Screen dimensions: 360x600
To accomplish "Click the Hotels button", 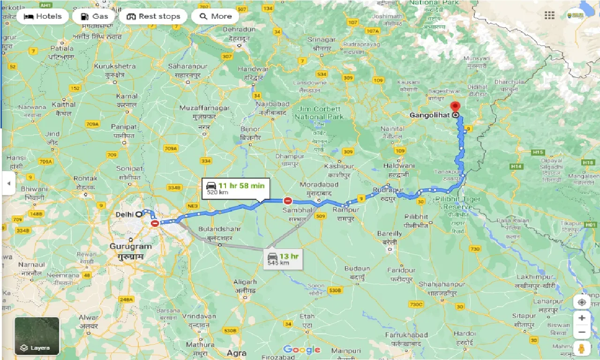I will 42,16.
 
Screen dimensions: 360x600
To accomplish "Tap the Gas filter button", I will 94,16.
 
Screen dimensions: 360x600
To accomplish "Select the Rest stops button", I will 153,16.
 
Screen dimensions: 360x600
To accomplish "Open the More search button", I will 216,16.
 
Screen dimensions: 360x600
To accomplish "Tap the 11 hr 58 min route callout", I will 236,188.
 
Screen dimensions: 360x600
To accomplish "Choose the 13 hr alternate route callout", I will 283,258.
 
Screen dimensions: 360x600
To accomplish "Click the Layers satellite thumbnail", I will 37,336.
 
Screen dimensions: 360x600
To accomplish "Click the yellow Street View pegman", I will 582,348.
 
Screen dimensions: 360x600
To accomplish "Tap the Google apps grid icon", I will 549,15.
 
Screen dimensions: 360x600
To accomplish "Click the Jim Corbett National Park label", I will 320,113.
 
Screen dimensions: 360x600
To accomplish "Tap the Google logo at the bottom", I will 302,350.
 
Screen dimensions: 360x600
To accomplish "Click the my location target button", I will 582,302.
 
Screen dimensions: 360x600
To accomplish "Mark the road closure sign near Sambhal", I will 288,201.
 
